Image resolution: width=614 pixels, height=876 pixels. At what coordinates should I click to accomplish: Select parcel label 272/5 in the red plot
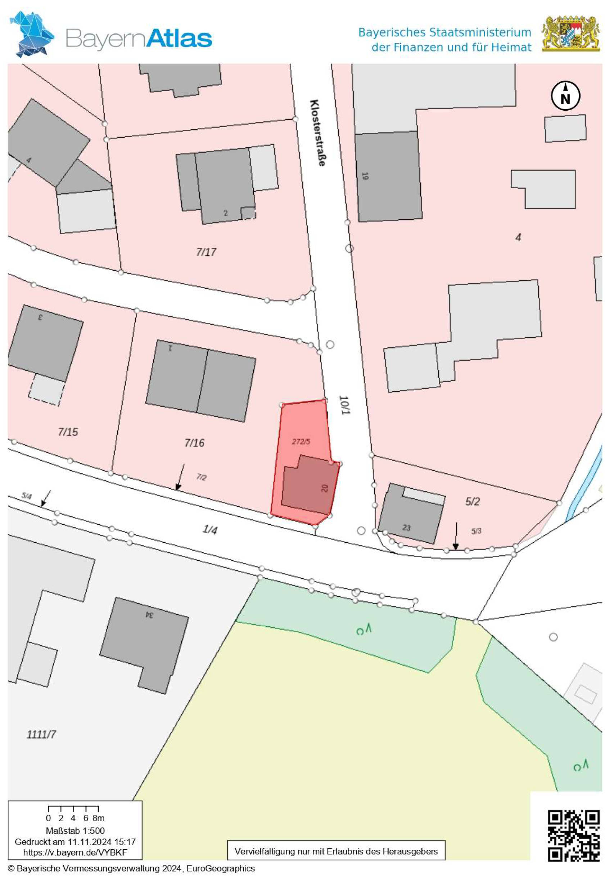[301, 441]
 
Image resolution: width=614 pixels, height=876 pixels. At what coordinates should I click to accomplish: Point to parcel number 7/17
[206, 252]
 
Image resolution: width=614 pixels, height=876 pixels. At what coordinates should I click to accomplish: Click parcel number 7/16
[194, 443]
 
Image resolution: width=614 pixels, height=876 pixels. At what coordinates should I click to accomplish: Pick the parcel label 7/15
[68, 432]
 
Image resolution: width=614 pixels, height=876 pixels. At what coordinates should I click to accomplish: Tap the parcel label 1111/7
[41, 734]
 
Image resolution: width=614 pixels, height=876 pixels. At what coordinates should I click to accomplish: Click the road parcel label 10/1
[344, 406]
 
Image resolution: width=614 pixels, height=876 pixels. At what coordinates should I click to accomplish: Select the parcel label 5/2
[473, 501]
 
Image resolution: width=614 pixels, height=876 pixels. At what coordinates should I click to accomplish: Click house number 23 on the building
[406, 528]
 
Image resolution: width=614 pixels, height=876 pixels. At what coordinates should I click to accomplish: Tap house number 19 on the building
[365, 176]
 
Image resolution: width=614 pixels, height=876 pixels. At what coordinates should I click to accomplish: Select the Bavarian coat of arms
[571, 34]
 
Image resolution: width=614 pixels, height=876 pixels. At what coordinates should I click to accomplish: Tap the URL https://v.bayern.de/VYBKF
[75, 852]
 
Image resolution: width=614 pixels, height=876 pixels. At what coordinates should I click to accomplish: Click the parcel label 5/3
[477, 531]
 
